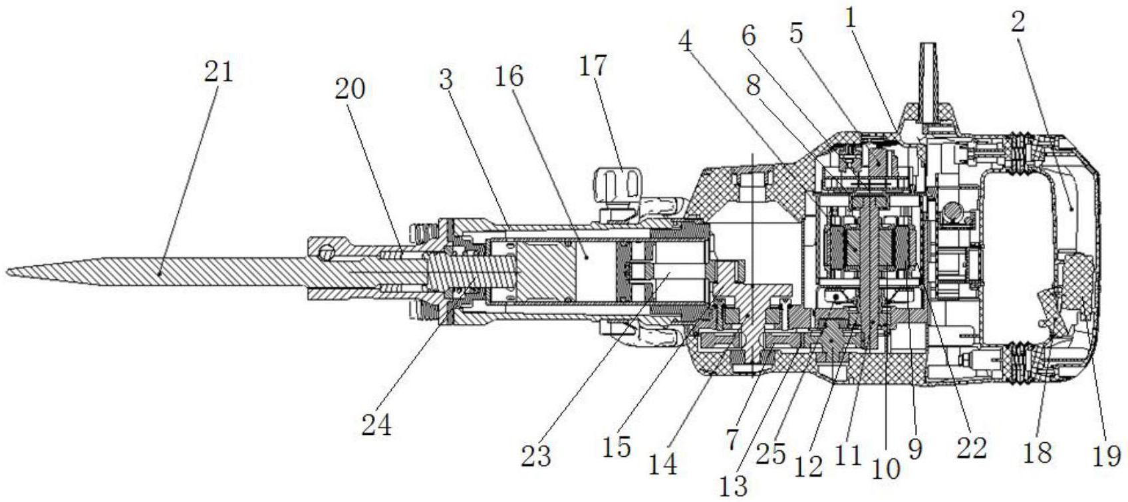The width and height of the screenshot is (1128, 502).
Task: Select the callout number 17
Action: pos(593,66)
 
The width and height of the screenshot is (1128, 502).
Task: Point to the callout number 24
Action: pos(376,426)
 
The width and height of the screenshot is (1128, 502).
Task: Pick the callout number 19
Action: pos(1106,456)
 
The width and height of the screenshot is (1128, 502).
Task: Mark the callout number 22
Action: pos(972,447)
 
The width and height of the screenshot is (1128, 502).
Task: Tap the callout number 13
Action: pos(733,486)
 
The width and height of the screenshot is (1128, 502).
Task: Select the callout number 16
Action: pos(509,78)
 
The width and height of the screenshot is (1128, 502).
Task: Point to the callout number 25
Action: pos(772,455)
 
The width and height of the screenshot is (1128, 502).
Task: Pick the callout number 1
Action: pos(851,19)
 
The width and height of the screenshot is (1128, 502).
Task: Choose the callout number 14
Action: pos(662,464)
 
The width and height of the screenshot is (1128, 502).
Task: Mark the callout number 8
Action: pos(754,86)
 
